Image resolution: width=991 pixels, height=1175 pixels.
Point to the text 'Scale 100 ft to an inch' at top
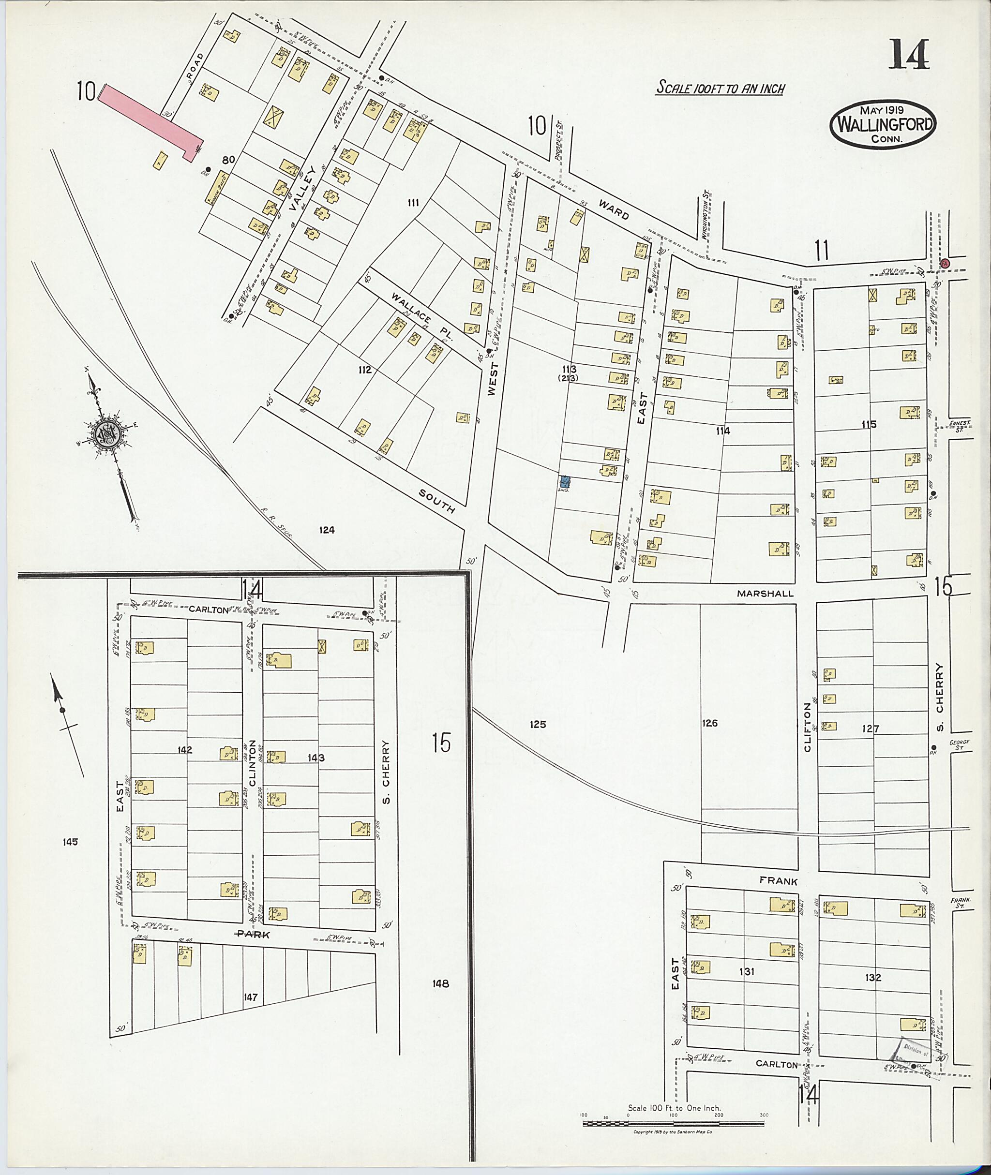[720, 88]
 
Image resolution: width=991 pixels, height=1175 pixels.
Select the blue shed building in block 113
[565, 481]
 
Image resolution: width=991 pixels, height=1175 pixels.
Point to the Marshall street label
[765, 593]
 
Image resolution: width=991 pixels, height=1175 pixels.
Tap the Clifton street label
[808, 728]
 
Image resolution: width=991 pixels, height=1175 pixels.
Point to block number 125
[538, 725]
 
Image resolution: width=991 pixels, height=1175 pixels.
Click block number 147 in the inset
[251, 997]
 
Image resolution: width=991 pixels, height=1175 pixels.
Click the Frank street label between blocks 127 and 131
[778, 881]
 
